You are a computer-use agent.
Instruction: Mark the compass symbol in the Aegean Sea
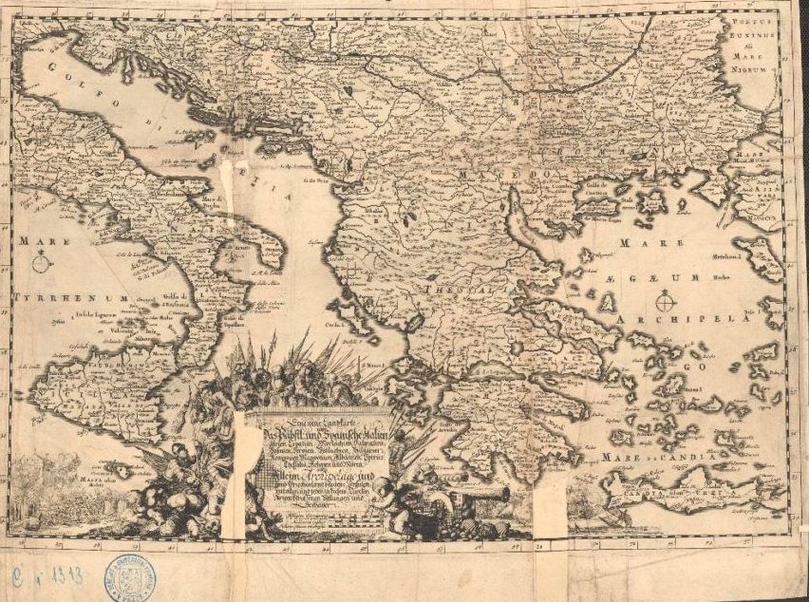[666, 303]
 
